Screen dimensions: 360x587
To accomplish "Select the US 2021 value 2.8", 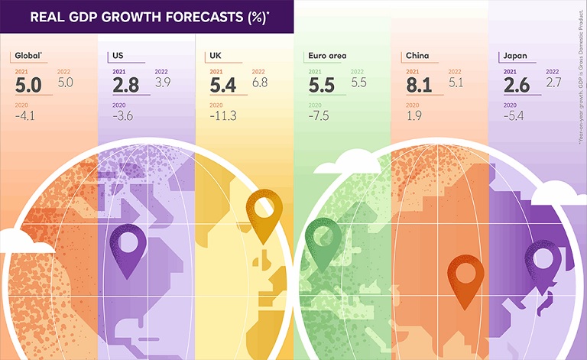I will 125,85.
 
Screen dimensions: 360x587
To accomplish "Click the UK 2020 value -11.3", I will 222,116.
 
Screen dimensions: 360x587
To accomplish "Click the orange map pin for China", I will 463,277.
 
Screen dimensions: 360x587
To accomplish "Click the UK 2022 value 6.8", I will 259,82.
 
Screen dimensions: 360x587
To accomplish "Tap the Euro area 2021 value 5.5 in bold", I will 321,85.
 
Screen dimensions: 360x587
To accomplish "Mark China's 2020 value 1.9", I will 413,116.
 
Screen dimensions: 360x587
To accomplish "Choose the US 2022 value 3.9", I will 162,82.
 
